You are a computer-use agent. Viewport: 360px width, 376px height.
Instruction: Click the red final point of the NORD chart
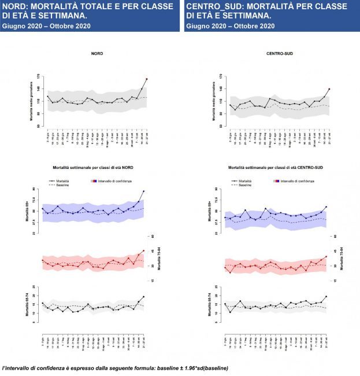click(147, 79)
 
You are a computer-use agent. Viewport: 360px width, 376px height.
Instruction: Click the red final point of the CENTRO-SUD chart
click(329, 89)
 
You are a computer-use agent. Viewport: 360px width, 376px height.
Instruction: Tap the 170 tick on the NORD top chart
click(39, 76)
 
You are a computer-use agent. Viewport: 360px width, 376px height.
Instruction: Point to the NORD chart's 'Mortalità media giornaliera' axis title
click(32, 101)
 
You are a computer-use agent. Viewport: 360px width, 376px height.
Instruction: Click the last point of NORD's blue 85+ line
click(143, 191)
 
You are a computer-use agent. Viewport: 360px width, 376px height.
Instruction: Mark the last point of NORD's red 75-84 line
click(143, 250)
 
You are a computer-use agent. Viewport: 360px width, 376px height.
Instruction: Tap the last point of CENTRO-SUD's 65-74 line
click(326, 297)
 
